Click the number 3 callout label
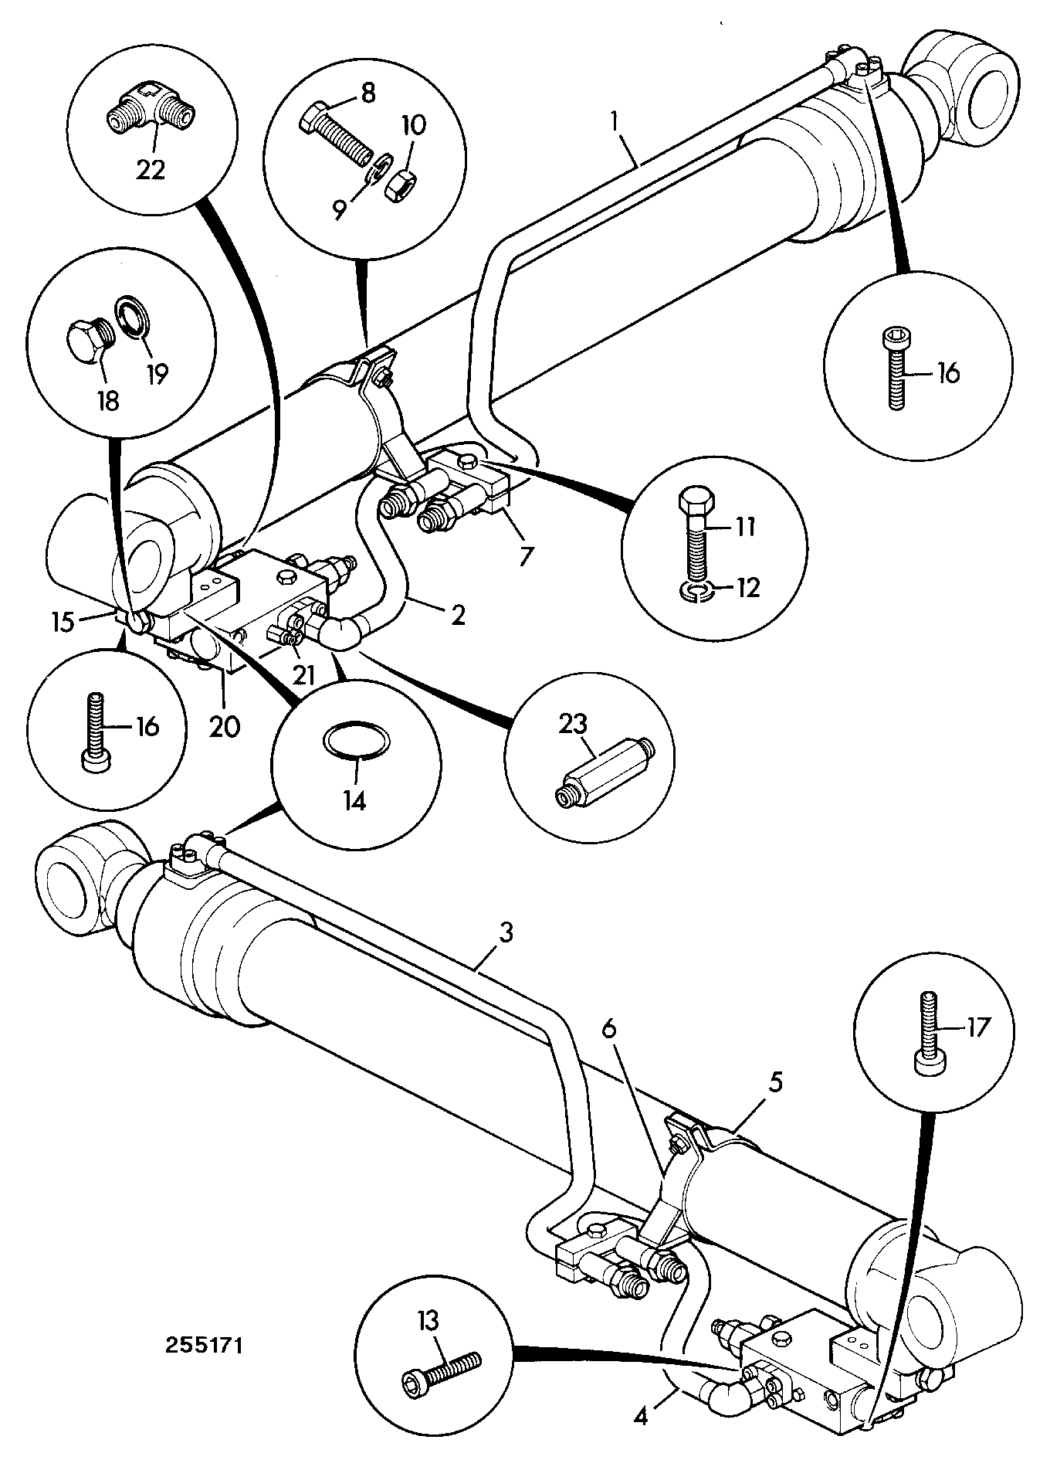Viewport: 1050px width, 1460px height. coord(505,932)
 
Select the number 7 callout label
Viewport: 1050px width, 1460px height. coord(527,555)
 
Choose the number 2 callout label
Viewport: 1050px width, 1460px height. coord(457,616)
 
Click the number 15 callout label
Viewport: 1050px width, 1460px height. coord(65,622)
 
